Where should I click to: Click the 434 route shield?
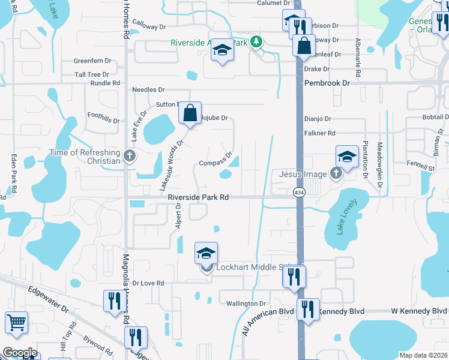tap(298, 193)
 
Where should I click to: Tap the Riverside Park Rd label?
tap(198, 197)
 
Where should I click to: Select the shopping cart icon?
tap(16, 323)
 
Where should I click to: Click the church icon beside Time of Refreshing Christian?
tap(129, 157)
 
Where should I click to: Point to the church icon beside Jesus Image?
tap(336, 174)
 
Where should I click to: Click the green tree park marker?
tap(257, 41)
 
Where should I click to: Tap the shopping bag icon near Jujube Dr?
tap(190, 113)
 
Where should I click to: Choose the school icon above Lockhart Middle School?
tap(206, 254)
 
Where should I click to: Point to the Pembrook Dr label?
tap(327, 83)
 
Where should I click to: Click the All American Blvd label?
tap(268, 313)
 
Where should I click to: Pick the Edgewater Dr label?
tap(47, 298)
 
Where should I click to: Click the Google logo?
tap(20, 353)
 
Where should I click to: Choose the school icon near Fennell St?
tap(347, 158)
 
